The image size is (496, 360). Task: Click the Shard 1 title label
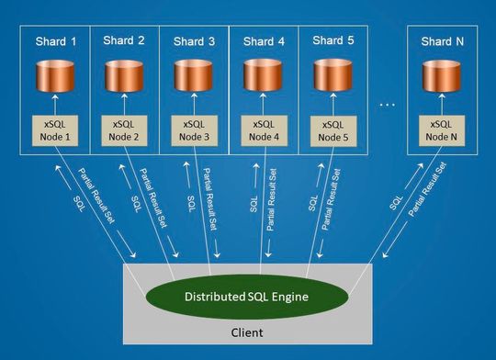point(54,42)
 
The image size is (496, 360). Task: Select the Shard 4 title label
point(263,42)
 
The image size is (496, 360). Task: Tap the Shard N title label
point(442,42)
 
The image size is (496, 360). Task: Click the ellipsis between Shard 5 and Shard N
point(387,105)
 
